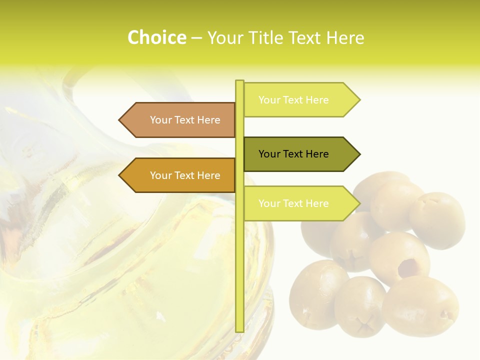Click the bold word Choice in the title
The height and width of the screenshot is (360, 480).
point(156,38)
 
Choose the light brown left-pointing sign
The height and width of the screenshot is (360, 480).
point(180,120)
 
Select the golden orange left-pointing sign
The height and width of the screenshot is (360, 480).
point(180,175)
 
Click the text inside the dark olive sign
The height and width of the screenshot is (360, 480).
point(293,154)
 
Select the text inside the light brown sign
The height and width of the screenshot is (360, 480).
point(185,120)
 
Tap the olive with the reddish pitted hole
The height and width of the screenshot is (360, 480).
point(400,257)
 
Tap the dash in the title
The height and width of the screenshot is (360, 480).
point(196,38)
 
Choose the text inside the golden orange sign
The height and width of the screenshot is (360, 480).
point(185,175)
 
